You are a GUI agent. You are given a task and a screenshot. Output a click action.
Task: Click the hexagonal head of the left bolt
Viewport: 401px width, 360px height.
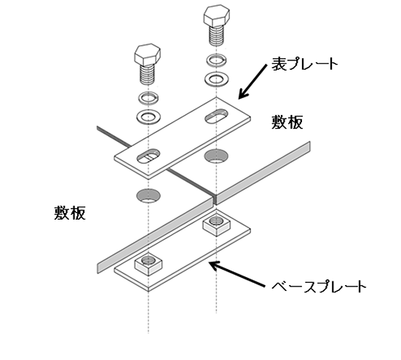tap(148, 54)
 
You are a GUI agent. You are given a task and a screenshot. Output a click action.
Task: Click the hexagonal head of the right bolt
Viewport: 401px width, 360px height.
tap(217, 15)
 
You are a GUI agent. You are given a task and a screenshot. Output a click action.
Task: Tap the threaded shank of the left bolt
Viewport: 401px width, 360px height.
tap(148, 75)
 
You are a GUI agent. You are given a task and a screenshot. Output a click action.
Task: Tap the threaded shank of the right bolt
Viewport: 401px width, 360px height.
tap(217, 36)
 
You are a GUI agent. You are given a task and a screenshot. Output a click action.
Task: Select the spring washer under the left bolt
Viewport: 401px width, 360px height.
tap(148, 98)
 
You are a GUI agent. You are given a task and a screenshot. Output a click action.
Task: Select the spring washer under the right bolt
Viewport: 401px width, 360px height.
tap(217, 60)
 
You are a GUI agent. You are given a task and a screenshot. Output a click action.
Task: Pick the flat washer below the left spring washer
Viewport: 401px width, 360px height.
tap(148, 116)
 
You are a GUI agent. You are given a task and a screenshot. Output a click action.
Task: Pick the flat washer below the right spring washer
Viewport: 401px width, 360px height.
tap(217, 79)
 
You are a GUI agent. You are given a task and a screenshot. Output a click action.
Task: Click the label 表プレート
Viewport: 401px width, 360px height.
tap(305, 64)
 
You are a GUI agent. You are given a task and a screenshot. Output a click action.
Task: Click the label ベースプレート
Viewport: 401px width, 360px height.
tap(319, 287)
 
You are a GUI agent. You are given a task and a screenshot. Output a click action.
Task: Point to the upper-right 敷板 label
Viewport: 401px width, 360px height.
tap(287, 122)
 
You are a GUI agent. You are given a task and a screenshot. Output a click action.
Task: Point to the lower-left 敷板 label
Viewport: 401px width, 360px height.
tap(70, 213)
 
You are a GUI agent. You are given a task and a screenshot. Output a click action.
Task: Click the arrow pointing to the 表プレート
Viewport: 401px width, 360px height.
tap(253, 81)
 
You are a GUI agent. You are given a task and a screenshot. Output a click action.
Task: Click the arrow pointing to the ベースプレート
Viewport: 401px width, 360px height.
tap(237, 273)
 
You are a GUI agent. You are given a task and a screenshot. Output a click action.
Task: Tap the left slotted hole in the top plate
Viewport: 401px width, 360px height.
tap(148, 156)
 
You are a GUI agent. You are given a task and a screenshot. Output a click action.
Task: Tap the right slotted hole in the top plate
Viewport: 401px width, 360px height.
tap(217, 116)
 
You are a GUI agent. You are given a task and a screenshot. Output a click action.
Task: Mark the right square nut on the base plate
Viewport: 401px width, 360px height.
tap(217, 224)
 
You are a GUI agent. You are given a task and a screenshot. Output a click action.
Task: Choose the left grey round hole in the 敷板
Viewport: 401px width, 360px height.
tap(148, 196)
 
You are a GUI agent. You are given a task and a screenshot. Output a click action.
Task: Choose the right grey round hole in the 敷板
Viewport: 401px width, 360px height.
tap(216, 156)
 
